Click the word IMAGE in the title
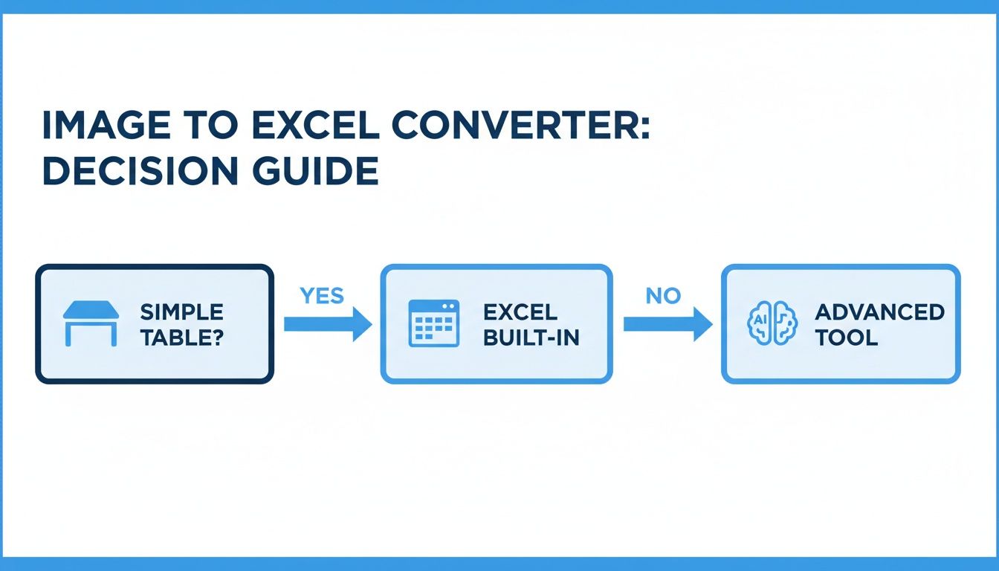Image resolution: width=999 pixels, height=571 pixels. (106, 125)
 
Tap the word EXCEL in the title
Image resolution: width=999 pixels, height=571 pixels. (316, 125)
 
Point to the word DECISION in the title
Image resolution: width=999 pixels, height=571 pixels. (140, 170)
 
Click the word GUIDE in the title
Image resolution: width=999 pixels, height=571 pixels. (316, 170)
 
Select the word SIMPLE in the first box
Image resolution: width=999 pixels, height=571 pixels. (181, 312)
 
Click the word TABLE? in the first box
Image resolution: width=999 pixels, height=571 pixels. (181, 338)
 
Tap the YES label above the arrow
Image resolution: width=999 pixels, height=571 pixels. (322, 296)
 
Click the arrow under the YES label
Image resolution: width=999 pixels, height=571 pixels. (328, 324)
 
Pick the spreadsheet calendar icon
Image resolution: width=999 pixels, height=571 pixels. (434, 323)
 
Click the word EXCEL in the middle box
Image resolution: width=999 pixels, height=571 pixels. (520, 312)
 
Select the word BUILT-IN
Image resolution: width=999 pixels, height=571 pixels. (531, 338)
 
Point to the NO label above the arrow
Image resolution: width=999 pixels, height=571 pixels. (663, 296)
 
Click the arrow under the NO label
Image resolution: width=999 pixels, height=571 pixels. (667, 324)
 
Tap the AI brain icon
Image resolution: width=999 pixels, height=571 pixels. (772, 323)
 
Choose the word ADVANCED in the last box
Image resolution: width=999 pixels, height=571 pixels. (879, 312)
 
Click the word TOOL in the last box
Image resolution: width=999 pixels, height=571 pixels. (846, 338)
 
